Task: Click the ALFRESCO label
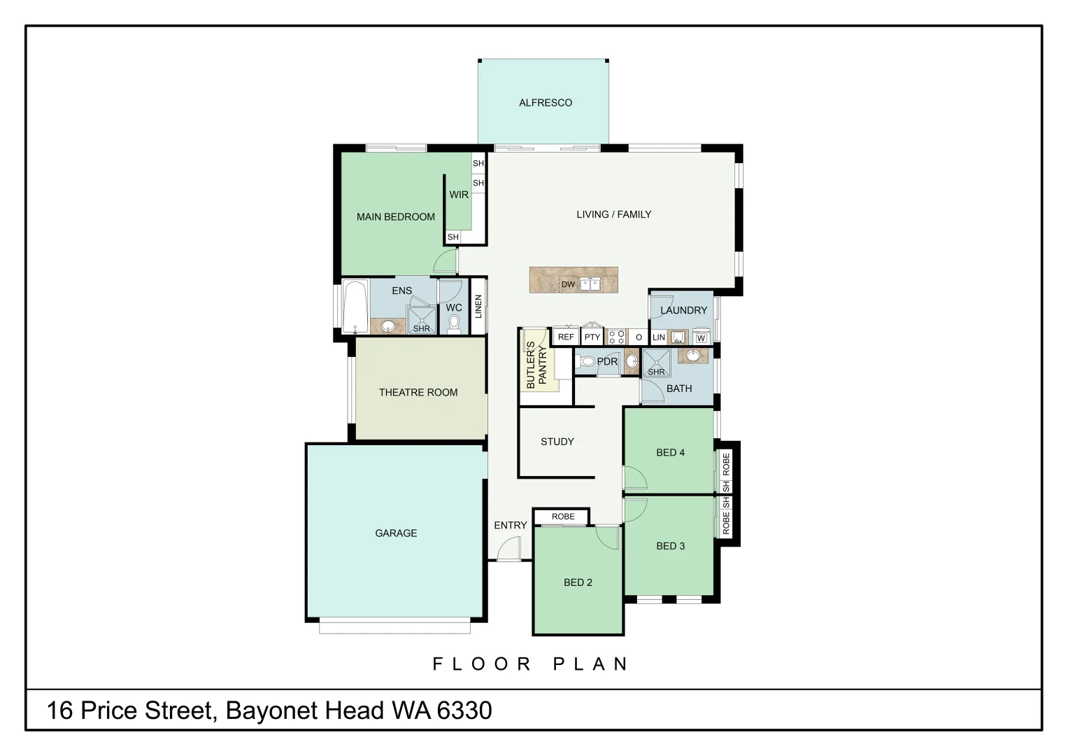(x=545, y=103)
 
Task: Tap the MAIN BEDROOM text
(x=395, y=217)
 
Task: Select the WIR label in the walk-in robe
(x=459, y=195)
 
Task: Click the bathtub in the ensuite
(x=355, y=307)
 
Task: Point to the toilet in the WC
(x=454, y=323)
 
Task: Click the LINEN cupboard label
(x=478, y=307)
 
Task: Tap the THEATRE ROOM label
(x=418, y=393)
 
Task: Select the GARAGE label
(x=396, y=533)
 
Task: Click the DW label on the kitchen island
(x=568, y=284)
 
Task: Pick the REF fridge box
(x=566, y=337)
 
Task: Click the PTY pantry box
(x=592, y=337)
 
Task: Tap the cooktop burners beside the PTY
(x=616, y=337)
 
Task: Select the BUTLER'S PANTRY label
(x=536, y=365)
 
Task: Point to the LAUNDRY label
(x=683, y=310)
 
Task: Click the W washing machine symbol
(x=701, y=338)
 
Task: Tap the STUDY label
(x=557, y=442)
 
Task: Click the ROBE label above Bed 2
(x=563, y=517)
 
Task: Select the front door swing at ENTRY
(x=509, y=549)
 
